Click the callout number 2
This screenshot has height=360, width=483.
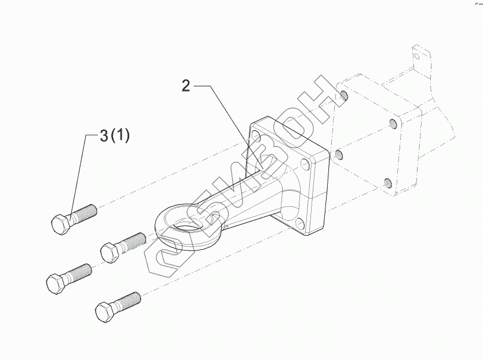(x=186, y=86)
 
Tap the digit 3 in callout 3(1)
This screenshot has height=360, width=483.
(x=104, y=136)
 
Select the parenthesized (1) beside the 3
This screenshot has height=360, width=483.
(x=120, y=136)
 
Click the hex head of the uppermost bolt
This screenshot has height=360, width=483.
(x=61, y=224)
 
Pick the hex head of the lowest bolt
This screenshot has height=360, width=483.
(x=105, y=312)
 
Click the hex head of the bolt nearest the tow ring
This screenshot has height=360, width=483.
(x=110, y=252)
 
